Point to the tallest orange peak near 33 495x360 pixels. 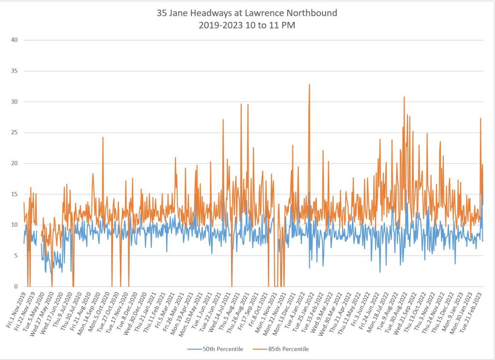tap(309, 85)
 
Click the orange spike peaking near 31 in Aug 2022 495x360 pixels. tap(404, 98)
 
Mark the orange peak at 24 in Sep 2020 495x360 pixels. tap(103, 138)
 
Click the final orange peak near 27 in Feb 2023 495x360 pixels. tap(480, 119)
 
